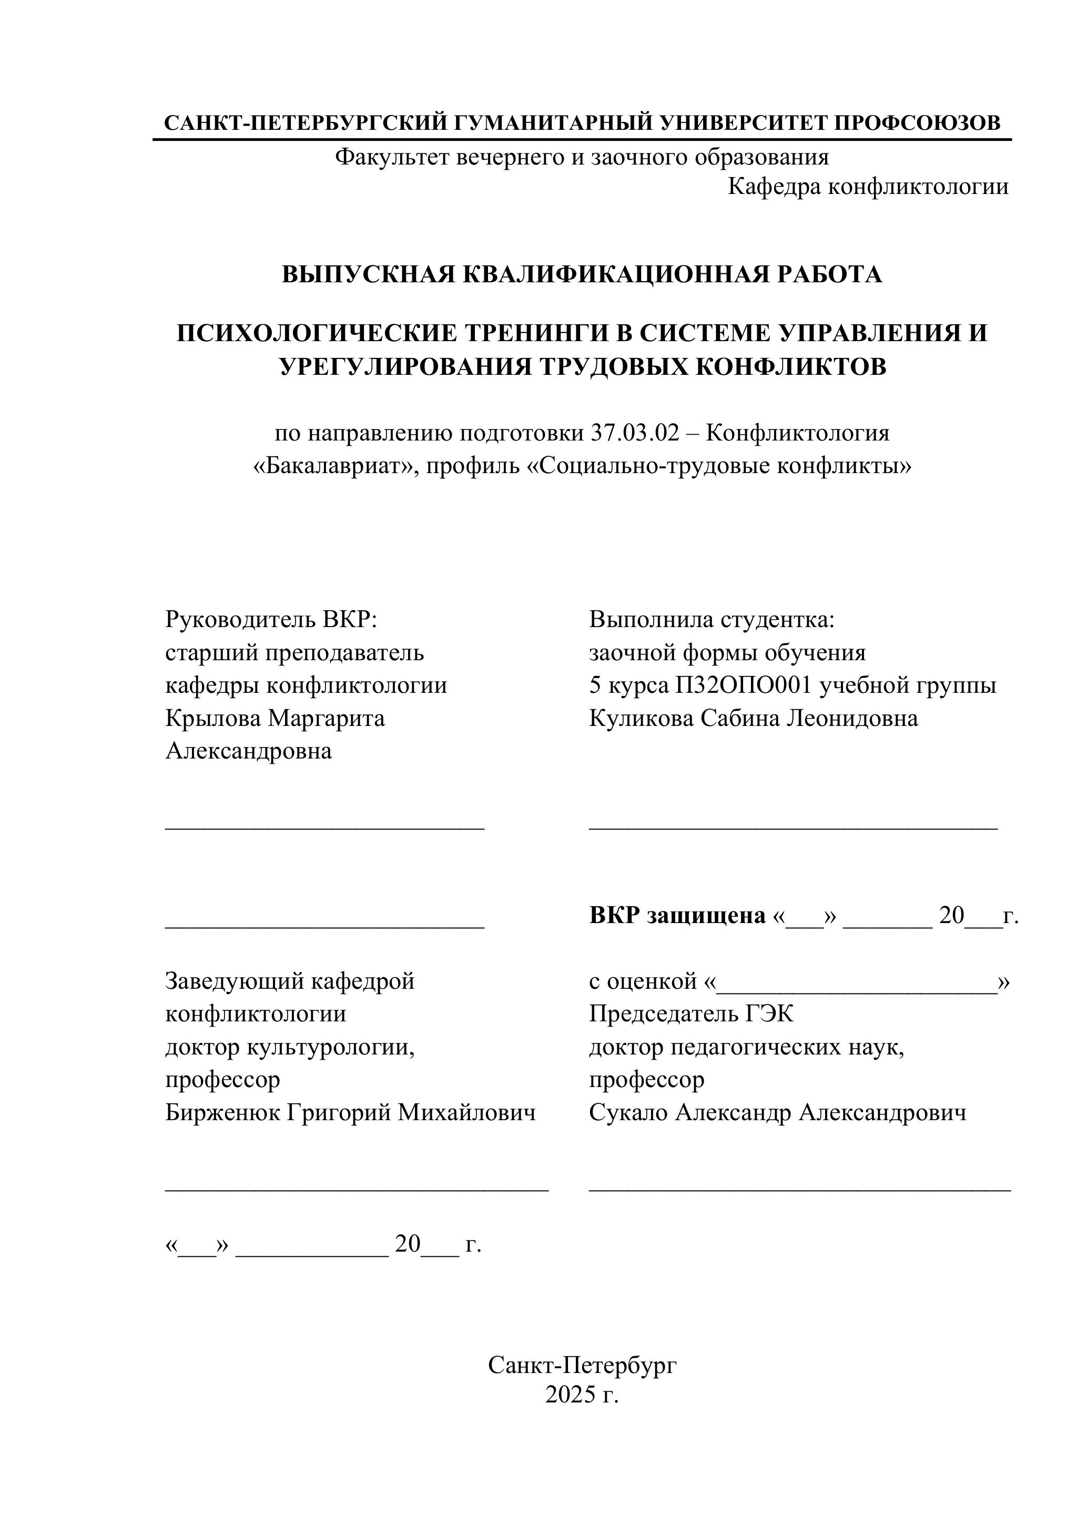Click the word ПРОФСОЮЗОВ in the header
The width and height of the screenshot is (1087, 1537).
click(x=918, y=123)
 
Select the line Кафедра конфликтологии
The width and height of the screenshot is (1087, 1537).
click(x=868, y=187)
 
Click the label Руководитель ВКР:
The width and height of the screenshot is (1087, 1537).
click(x=271, y=619)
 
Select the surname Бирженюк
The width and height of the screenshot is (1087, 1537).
click(x=222, y=1113)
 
